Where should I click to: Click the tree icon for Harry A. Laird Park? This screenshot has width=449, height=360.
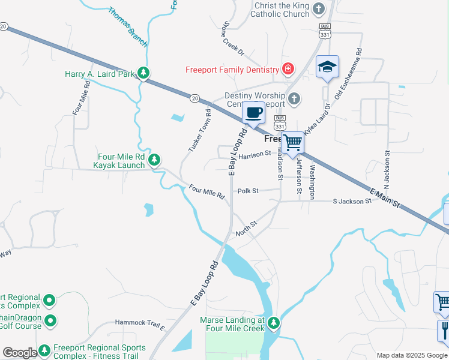click(x=143, y=73)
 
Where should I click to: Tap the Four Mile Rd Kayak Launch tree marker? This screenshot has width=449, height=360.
click(x=155, y=160)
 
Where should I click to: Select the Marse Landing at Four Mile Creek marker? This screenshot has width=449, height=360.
click(x=274, y=323)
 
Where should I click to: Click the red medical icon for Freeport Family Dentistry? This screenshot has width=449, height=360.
click(x=289, y=69)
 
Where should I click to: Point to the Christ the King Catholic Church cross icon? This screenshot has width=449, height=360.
click(x=319, y=8)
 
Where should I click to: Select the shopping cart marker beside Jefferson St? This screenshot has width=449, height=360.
click(x=292, y=143)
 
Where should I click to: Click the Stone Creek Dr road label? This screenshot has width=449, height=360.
click(x=233, y=40)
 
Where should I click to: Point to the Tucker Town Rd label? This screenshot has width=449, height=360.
click(x=199, y=130)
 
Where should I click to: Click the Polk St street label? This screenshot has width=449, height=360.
click(x=247, y=191)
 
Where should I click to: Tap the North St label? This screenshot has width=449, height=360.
click(x=246, y=228)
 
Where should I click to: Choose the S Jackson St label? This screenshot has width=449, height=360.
click(x=352, y=202)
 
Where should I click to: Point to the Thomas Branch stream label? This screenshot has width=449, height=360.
click(x=127, y=27)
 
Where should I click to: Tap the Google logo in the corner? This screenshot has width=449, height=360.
click(x=20, y=353)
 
